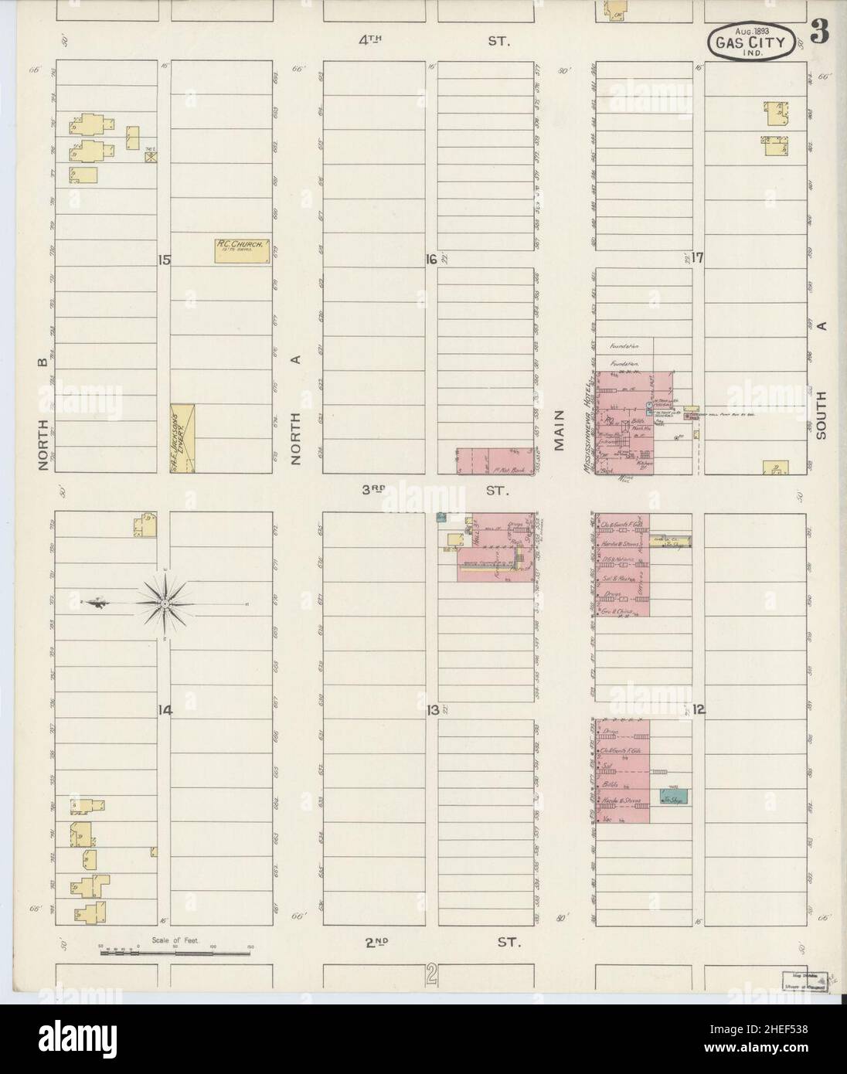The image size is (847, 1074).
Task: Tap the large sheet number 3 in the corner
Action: click(x=820, y=34)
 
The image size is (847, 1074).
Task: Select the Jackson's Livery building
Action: click(x=183, y=437)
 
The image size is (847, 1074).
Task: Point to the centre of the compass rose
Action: click(x=165, y=601)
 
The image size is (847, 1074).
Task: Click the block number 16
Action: click(x=431, y=260)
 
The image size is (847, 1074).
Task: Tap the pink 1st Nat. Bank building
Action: click(x=496, y=460)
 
